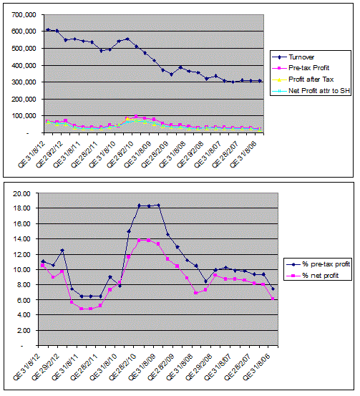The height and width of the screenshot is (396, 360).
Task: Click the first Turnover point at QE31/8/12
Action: tap(48, 29)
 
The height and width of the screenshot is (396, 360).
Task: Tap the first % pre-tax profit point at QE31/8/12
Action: tap(44, 261)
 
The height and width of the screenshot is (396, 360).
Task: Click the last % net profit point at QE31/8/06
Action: tap(273, 299)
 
